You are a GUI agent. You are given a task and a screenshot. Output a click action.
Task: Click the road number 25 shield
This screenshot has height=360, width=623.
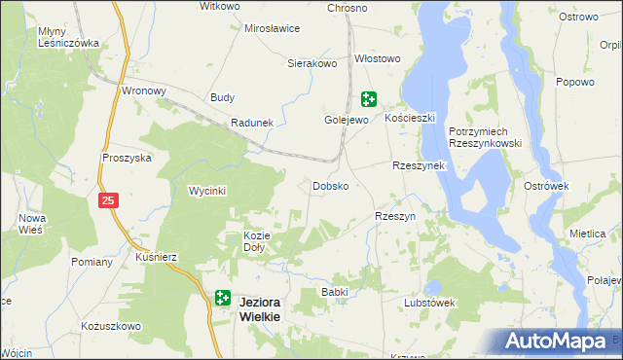(x=108, y=199)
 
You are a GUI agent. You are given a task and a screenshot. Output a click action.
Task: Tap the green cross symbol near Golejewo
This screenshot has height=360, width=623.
(x=369, y=98)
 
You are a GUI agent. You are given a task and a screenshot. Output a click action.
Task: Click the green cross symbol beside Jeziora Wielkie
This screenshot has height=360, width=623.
(x=222, y=299)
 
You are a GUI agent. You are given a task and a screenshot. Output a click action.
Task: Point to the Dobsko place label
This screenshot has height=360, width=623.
(x=330, y=185)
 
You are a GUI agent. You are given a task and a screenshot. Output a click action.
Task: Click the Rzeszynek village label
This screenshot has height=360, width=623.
(x=418, y=165)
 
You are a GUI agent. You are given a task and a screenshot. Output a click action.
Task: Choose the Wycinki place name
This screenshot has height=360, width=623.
(x=207, y=192)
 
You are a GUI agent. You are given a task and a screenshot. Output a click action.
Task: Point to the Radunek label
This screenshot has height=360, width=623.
(x=251, y=123)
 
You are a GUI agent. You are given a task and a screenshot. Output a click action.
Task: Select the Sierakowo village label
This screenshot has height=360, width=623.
(x=311, y=63)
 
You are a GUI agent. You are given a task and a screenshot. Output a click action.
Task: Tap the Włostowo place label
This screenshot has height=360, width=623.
(x=378, y=58)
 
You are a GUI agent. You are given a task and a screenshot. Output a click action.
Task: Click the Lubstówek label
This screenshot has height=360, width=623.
(x=429, y=303)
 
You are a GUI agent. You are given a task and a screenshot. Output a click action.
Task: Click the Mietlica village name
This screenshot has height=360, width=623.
(x=587, y=234)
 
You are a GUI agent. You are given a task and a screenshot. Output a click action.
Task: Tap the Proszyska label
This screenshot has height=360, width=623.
(x=127, y=158)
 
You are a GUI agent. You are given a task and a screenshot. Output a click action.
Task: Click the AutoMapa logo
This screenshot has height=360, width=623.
(x=559, y=342)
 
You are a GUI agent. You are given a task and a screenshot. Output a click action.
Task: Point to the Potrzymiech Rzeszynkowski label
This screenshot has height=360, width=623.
(x=486, y=137)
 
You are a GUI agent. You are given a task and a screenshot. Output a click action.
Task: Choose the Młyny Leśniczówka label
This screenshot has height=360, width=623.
(x=69, y=37)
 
